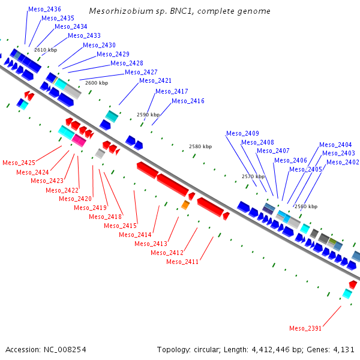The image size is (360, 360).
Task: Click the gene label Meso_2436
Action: [x=44, y=9]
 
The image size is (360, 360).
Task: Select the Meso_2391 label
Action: [x=305, y=328]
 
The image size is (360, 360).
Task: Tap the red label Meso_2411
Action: [x=182, y=262]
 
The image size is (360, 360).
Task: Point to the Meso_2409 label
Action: [x=242, y=133]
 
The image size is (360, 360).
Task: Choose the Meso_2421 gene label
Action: [x=155, y=80]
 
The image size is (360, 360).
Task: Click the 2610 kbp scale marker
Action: [x=46, y=50]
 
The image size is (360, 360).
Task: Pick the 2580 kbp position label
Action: [x=200, y=146]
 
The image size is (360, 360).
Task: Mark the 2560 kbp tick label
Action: [x=306, y=206]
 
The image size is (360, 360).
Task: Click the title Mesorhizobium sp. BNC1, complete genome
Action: [x=179, y=11]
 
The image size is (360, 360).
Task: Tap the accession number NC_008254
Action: [x=65, y=350]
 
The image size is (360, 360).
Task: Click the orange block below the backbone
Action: [x=185, y=205]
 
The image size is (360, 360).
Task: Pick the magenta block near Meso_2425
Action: [x=79, y=140]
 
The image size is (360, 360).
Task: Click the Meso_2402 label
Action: [x=343, y=163]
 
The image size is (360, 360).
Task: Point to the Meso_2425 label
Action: [x=19, y=163]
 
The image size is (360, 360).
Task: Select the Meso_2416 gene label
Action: [x=188, y=101]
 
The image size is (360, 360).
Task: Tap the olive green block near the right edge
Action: [x=332, y=241]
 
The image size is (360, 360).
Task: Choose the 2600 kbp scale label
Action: [x=97, y=83]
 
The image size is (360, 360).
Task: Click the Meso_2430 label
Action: [x=99, y=45]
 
